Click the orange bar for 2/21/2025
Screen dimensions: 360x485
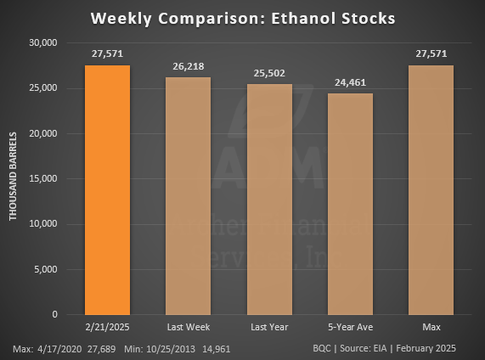[x=108, y=190]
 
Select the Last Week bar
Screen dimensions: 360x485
[x=188, y=196]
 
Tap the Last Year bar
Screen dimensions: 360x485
[x=269, y=200]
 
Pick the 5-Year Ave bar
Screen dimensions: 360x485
[x=350, y=204]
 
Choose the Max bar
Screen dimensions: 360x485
[x=431, y=190]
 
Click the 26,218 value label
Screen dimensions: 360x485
[x=188, y=65]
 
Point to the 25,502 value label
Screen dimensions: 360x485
[x=269, y=72]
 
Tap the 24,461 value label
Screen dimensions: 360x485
[x=350, y=82]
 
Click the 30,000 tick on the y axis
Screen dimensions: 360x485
[x=42, y=42]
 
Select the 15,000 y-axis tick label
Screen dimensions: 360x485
[x=42, y=179]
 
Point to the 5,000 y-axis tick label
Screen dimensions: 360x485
[x=45, y=270]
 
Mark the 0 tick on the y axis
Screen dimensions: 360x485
[x=54, y=315]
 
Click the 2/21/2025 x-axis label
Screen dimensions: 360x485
[x=108, y=327]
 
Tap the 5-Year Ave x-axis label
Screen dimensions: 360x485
[x=350, y=327]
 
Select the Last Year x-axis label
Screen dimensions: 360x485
[x=269, y=327]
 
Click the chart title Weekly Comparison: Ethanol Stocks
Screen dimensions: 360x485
[x=242, y=18]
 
